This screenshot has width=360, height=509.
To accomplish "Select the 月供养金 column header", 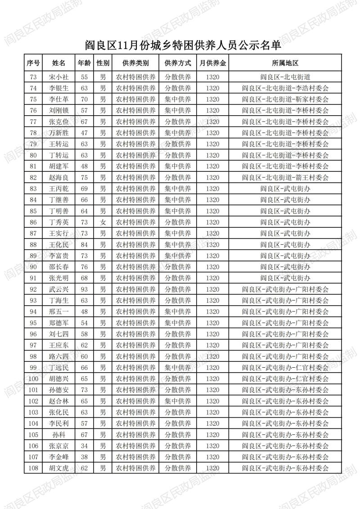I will [x=212, y=63].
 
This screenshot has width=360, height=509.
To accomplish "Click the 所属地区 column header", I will [x=285, y=63].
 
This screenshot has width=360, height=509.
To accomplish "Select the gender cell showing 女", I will [x=103, y=222].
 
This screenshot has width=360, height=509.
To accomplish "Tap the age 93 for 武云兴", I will [x=84, y=289].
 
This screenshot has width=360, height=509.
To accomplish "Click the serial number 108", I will [x=33, y=468].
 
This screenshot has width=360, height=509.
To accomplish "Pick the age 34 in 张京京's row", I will [x=84, y=446].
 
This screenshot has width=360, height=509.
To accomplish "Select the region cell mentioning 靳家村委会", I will [x=285, y=99].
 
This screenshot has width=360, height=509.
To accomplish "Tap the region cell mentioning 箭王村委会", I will [x=285, y=177].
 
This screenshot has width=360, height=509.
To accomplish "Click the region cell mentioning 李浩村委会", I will [x=285, y=88].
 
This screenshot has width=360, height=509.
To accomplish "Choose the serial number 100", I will [x=33, y=378].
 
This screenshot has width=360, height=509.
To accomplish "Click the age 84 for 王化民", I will [x=84, y=244].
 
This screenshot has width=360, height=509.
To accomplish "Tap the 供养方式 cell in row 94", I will [x=178, y=311].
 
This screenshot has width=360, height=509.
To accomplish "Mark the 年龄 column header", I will [x=84, y=63].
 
